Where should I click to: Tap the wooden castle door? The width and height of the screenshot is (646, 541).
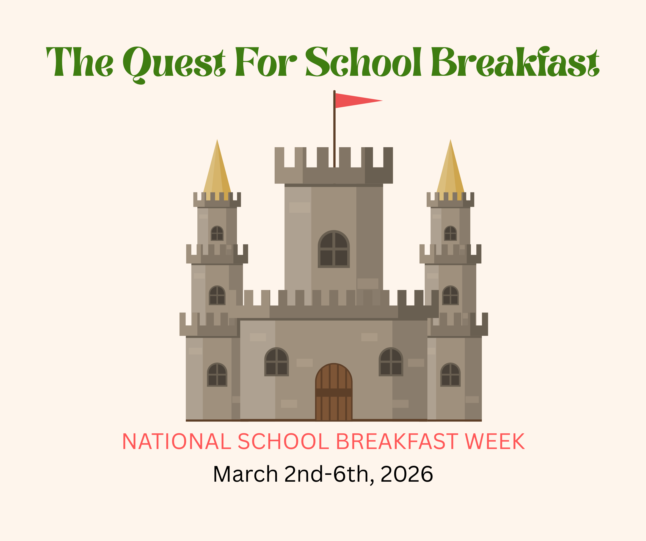tap(334, 392)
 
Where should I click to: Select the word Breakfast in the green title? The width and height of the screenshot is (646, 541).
tap(515, 62)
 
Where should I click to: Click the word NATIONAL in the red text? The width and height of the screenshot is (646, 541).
tap(176, 442)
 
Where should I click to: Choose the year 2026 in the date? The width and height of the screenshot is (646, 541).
tap(407, 474)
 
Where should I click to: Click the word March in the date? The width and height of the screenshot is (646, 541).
tap(245, 474)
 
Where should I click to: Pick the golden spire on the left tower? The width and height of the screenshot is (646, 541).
tap(217, 169)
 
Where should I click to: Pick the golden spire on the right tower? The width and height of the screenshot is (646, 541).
tap(450, 169)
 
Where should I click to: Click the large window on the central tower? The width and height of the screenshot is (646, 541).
tap(334, 249)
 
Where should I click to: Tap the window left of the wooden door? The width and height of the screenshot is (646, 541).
tap(277, 362)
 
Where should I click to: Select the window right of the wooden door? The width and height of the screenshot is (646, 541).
tap(391, 362)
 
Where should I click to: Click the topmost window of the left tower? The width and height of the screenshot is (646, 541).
tap(217, 233)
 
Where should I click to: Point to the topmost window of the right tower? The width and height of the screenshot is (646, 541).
tap(450, 233)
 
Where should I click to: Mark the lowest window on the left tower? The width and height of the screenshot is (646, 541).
tap(217, 374)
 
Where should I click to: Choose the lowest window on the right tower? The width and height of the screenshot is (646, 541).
tap(450, 374)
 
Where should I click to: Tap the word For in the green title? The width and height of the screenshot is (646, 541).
tap(266, 62)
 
